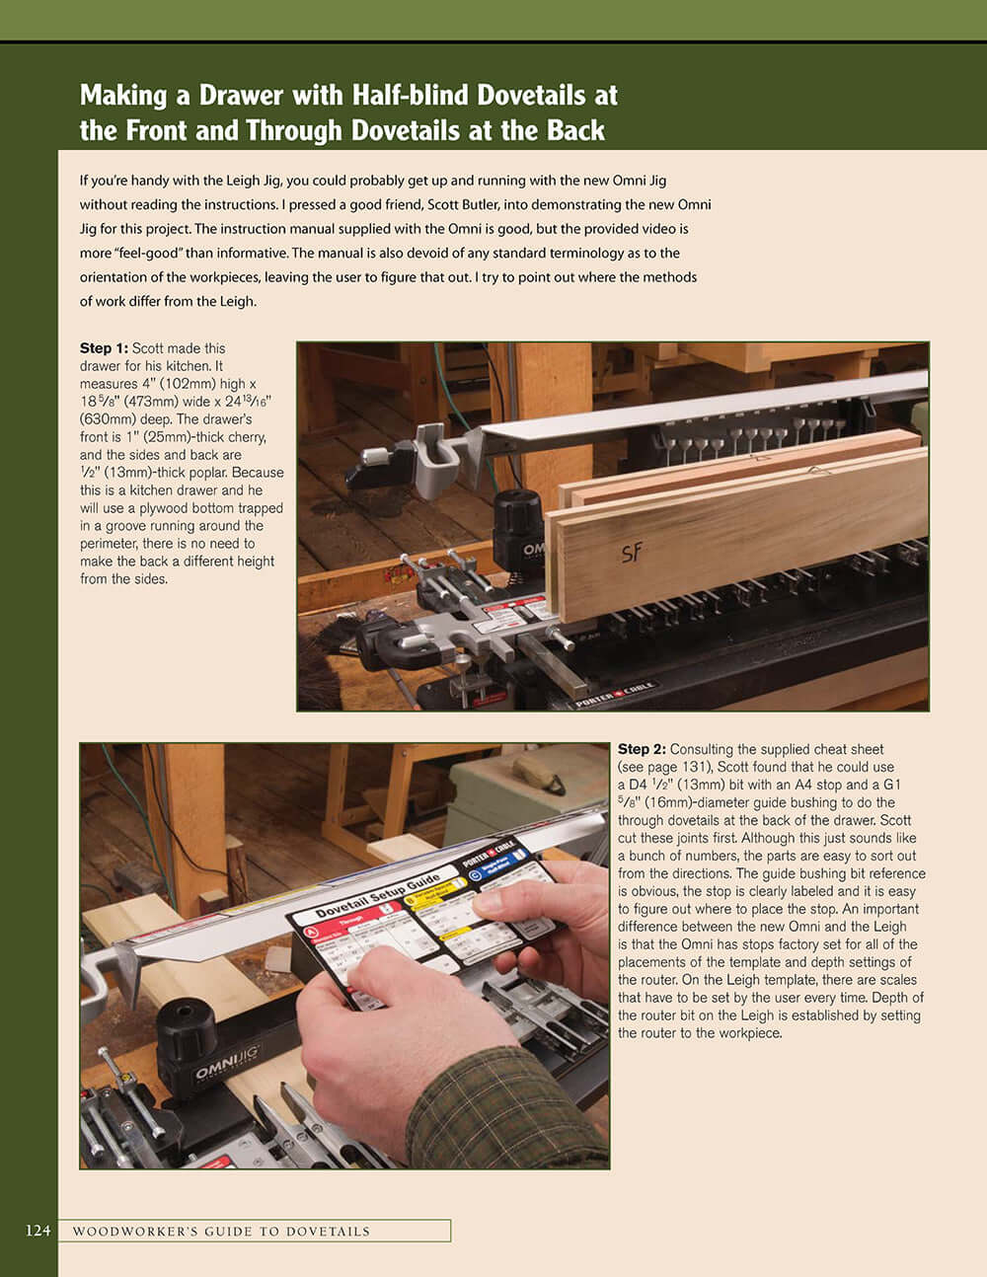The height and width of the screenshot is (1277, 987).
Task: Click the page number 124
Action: [x=38, y=1231]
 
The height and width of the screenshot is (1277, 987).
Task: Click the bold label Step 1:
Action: [x=104, y=348]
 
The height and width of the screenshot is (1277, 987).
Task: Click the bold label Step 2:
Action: [x=642, y=749]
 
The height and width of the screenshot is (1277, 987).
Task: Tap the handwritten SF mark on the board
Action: [x=632, y=554]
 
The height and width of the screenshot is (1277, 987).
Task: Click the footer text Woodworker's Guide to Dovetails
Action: [x=221, y=1231]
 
